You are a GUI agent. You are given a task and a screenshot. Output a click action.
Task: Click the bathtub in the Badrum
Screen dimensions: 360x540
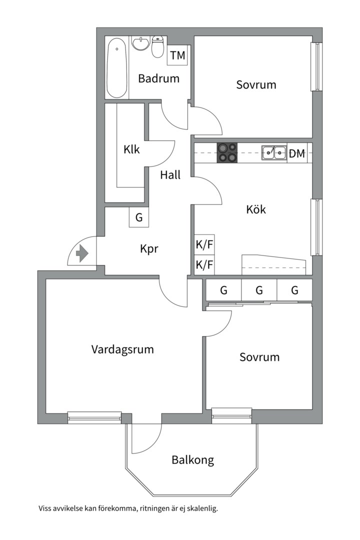(x=117, y=68)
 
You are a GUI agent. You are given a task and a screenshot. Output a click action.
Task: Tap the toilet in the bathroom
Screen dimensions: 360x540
(x=157, y=47)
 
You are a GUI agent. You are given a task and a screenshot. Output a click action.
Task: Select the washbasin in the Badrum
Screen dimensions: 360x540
(x=140, y=43)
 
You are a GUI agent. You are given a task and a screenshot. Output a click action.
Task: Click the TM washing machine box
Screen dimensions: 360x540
(x=177, y=55)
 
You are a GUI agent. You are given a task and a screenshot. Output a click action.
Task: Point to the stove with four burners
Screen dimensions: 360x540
(x=227, y=152)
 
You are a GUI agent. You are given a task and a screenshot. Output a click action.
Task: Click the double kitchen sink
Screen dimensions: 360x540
(x=274, y=152)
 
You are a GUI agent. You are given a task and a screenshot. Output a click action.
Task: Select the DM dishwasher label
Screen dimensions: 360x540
(x=297, y=153)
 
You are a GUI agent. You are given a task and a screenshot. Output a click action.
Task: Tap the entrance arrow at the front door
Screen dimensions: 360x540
(x=82, y=253)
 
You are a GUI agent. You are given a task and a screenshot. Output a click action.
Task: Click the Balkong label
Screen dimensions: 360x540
(x=193, y=460)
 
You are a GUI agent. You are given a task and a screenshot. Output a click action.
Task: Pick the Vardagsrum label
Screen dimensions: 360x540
(x=122, y=349)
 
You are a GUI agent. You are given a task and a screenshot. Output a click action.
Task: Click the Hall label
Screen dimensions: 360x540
(x=170, y=175)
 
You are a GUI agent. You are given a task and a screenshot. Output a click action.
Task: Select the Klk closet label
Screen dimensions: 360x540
(x=131, y=149)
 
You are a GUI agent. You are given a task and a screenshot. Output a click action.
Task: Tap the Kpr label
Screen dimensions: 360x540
(x=149, y=248)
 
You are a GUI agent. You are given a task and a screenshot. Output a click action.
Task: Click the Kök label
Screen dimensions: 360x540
(x=256, y=209)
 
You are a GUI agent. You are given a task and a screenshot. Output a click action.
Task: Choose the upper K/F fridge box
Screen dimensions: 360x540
(x=204, y=245)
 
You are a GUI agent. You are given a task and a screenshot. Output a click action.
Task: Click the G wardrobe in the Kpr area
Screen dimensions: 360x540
(x=139, y=217)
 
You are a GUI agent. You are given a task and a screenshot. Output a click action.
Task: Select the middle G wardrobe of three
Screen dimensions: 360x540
(x=259, y=290)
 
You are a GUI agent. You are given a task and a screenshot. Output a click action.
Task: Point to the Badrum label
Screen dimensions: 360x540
(x=159, y=78)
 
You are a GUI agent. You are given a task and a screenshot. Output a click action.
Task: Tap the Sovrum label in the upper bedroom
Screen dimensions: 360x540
(x=256, y=84)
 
